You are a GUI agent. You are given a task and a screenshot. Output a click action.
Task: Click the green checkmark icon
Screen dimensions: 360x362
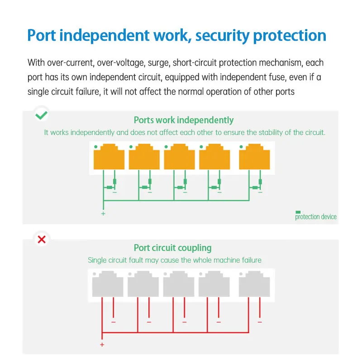[42, 115]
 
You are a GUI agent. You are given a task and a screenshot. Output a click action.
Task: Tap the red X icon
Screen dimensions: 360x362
[42, 239]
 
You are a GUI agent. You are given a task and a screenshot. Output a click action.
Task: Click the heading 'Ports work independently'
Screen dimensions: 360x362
[184, 120]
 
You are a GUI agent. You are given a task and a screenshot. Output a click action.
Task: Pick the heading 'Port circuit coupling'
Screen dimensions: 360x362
[172, 248]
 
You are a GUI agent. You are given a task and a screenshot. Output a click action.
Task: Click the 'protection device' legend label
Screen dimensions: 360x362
[316, 217]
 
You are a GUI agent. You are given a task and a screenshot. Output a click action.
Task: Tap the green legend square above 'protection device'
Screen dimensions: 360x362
[298, 212]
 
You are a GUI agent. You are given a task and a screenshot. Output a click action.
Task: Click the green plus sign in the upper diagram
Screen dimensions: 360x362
[103, 213]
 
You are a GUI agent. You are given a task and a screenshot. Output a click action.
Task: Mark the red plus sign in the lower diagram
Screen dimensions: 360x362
[102, 345]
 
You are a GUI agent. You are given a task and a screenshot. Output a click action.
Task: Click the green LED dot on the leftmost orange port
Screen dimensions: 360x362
[95, 147]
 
